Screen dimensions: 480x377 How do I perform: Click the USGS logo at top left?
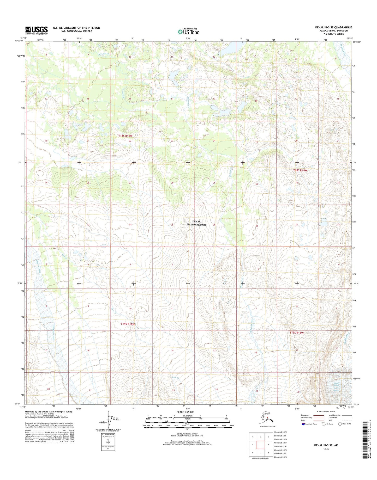click(x=36, y=30)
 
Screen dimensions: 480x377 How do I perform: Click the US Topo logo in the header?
click(x=188, y=32)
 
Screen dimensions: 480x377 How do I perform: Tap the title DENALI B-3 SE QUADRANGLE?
click(x=333, y=27)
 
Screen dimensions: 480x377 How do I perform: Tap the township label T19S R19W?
click(x=128, y=324)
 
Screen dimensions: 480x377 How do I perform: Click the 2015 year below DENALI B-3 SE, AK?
click(x=326, y=449)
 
